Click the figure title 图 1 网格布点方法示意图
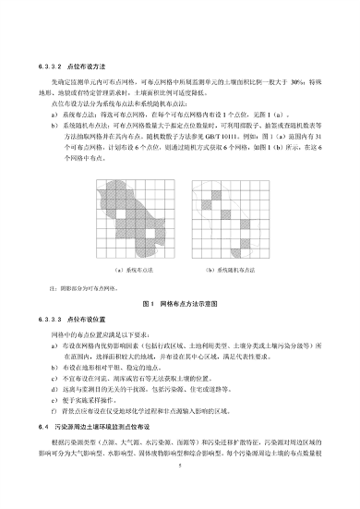coord(179,302)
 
